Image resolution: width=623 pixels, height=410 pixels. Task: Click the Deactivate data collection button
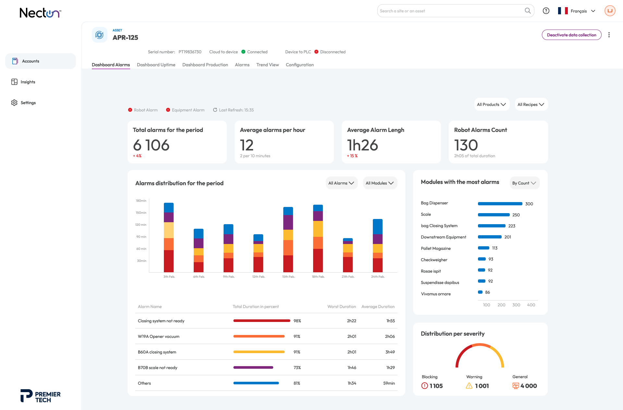point(571,35)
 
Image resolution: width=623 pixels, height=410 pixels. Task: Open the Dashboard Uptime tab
point(156,65)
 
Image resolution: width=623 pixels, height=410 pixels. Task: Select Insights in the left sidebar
point(28,82)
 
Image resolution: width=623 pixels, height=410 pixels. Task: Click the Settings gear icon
point(14,103)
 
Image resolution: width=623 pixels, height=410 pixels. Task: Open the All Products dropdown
point(492,104)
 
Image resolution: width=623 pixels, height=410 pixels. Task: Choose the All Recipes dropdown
point(531,104)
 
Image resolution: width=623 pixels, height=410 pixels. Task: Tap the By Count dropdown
point(524,183)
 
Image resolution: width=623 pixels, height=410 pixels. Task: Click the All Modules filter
point(380,183)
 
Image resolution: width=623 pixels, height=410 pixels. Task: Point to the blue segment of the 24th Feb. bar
point(378,227)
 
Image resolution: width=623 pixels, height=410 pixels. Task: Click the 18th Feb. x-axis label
point(318,277)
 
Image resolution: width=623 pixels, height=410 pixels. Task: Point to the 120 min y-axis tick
point(141,225)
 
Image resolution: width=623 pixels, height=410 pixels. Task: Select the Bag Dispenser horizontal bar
point(500,204)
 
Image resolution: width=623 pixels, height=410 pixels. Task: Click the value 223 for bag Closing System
point(512,226)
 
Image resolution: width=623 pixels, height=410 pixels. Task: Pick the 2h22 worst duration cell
point(351,321)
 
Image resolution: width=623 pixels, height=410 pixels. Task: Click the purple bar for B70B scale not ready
point(253,367)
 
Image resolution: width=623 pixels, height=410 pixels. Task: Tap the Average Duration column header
point(378,306)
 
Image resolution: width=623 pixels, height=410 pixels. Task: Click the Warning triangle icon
point(469,386)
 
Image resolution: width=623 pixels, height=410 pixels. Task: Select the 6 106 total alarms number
point(151,145)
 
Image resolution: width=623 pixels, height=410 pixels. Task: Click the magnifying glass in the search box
point(528,11)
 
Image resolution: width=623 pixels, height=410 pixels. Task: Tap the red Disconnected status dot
point(316,52)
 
